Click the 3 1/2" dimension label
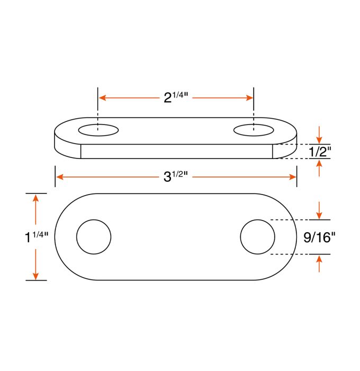(176, 176)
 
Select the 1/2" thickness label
(319, 152)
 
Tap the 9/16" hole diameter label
(320, 237)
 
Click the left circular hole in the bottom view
(94, 236)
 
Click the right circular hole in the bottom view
(257, 236)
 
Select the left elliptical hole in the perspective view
(98, 129)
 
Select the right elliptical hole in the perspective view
(254, 129)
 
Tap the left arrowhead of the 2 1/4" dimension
(103, 98)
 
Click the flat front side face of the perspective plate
(176, 152)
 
